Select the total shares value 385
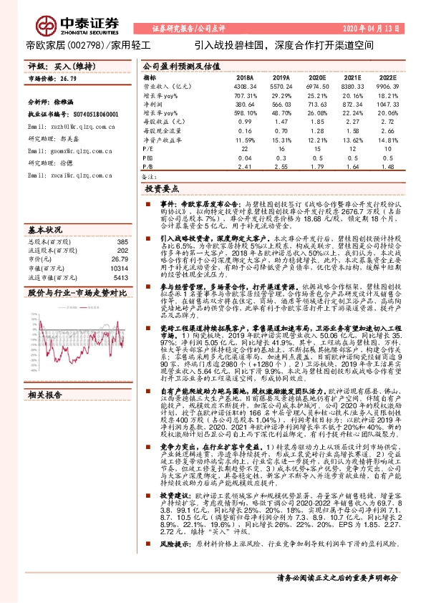coord(122,241)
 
